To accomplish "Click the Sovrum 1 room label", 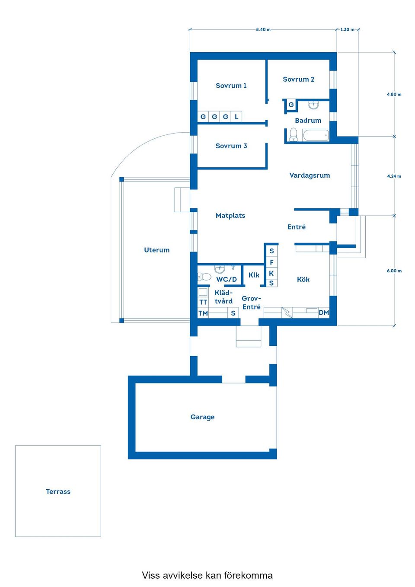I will (x=231, y=86).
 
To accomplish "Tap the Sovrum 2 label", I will (x=298, y=79).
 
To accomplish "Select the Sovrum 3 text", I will (x=231, y=146).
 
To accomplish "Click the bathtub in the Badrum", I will (x=316, y=135).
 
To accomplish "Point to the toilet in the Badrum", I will (x=293, y=134).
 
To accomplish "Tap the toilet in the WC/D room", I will (x=204, y=277).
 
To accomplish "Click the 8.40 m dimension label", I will (x=263, y=29).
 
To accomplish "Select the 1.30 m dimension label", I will (x=347, y=29).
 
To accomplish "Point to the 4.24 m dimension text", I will (x=394, y=176).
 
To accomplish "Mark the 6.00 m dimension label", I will (x=394, y=271).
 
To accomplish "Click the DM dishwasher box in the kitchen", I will (x=324, y=313).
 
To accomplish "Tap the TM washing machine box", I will (x=203, y=313).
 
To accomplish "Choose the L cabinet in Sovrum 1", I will (x=236, y=117).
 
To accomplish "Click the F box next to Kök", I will (x=271, y=262).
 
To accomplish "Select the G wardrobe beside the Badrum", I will (x=291, y=105).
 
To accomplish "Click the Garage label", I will (x=202, y=417).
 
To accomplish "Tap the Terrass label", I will (x=58, y=491).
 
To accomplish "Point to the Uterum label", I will (x=156, y=250).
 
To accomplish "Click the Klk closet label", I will (x=254, y=275).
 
